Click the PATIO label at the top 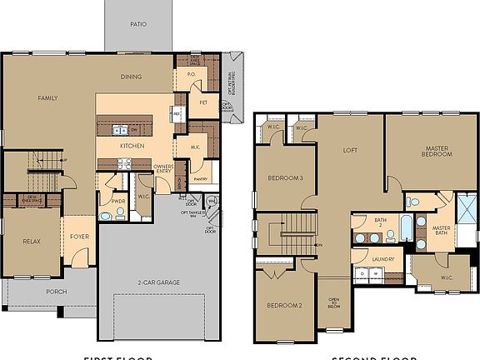click(x=138, y=24)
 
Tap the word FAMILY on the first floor click(x=47, y=97)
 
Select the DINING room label click(x=130, y=77)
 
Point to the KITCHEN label click(x=132, y=146)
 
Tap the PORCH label click(x=57, y=292)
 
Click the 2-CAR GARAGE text click(x=157, y=282)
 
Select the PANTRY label click(x=200, y=178)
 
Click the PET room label click(x=202, y=102)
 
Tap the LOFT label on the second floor click(x=351, y=151)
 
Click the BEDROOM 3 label click(x=285, y=178)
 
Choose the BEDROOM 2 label click(x=284, y=305)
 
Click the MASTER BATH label click(x=441, y=231)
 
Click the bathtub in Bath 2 click(x=406, y=227)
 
